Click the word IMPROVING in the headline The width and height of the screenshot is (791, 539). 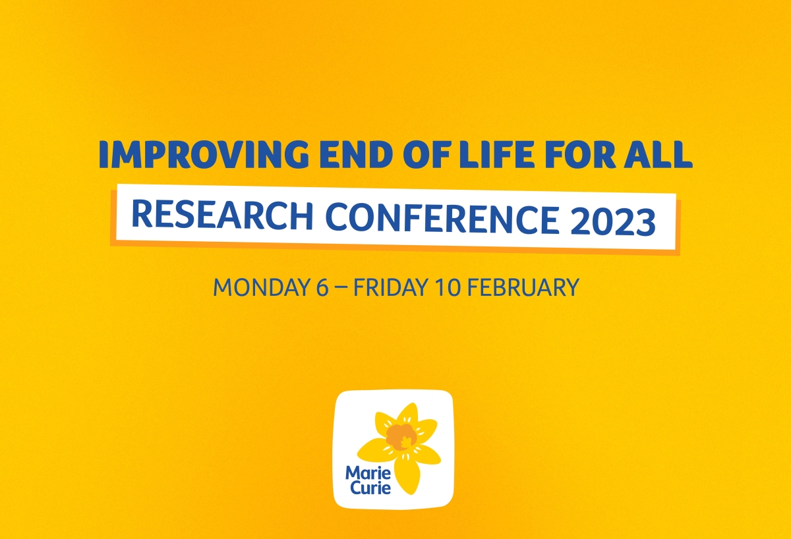point(204,154)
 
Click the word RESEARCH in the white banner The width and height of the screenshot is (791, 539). point(222,215)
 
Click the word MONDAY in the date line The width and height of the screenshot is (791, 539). point(262,287)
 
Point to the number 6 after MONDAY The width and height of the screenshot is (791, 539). point(322,287)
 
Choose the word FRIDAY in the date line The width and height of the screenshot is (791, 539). point(391,287)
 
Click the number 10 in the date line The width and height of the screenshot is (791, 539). point(448,287)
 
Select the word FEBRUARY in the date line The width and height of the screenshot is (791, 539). point(523,287)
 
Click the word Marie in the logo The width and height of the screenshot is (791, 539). point(368,473)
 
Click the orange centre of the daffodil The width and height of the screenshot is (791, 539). point(401,437)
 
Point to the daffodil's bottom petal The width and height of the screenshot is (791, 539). point(407,475)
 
